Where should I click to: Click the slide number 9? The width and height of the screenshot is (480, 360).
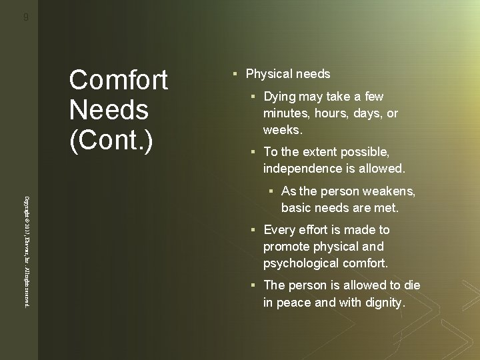[x=25, y=18]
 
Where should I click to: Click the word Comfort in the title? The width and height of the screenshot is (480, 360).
[x=118, y=81]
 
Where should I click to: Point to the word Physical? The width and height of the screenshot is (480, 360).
[x=269, y=73]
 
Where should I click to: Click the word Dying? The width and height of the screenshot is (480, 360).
[x=280, y=97]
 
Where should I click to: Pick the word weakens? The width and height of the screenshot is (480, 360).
[x=391, y=192]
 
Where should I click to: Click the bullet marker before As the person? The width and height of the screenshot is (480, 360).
[x=272, y=193]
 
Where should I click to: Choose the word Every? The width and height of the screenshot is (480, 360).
[x=279, y=230]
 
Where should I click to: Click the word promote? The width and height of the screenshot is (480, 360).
[x=287, y=246]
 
